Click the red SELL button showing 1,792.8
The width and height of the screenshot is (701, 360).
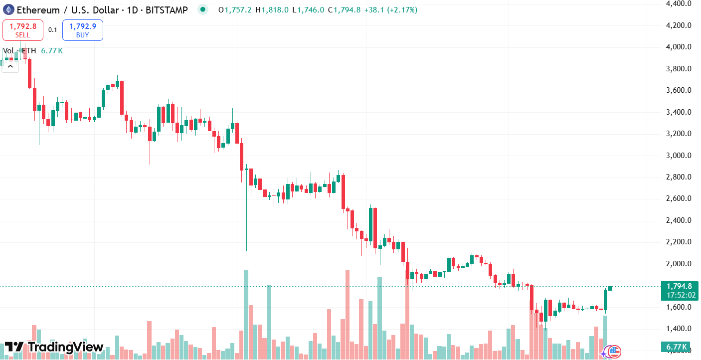23,30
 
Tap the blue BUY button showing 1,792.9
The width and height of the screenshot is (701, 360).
83,30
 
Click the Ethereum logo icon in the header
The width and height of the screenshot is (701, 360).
9,9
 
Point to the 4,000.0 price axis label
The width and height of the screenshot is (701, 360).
679,47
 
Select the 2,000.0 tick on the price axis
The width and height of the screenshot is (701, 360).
679,264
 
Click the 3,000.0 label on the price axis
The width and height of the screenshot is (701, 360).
679,155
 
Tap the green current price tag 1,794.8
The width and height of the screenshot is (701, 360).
679,286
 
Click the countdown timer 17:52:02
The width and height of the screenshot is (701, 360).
679,295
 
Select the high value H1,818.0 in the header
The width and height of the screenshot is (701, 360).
271,10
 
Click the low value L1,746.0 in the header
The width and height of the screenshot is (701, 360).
308,10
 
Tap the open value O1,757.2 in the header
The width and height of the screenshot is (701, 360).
234,10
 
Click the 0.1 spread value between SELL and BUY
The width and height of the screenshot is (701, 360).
52,30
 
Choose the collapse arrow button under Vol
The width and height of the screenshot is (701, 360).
10,66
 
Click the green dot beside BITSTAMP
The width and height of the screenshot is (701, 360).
202,9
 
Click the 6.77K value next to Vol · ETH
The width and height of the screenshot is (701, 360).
52,51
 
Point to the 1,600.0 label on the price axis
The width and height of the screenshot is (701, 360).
679,307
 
